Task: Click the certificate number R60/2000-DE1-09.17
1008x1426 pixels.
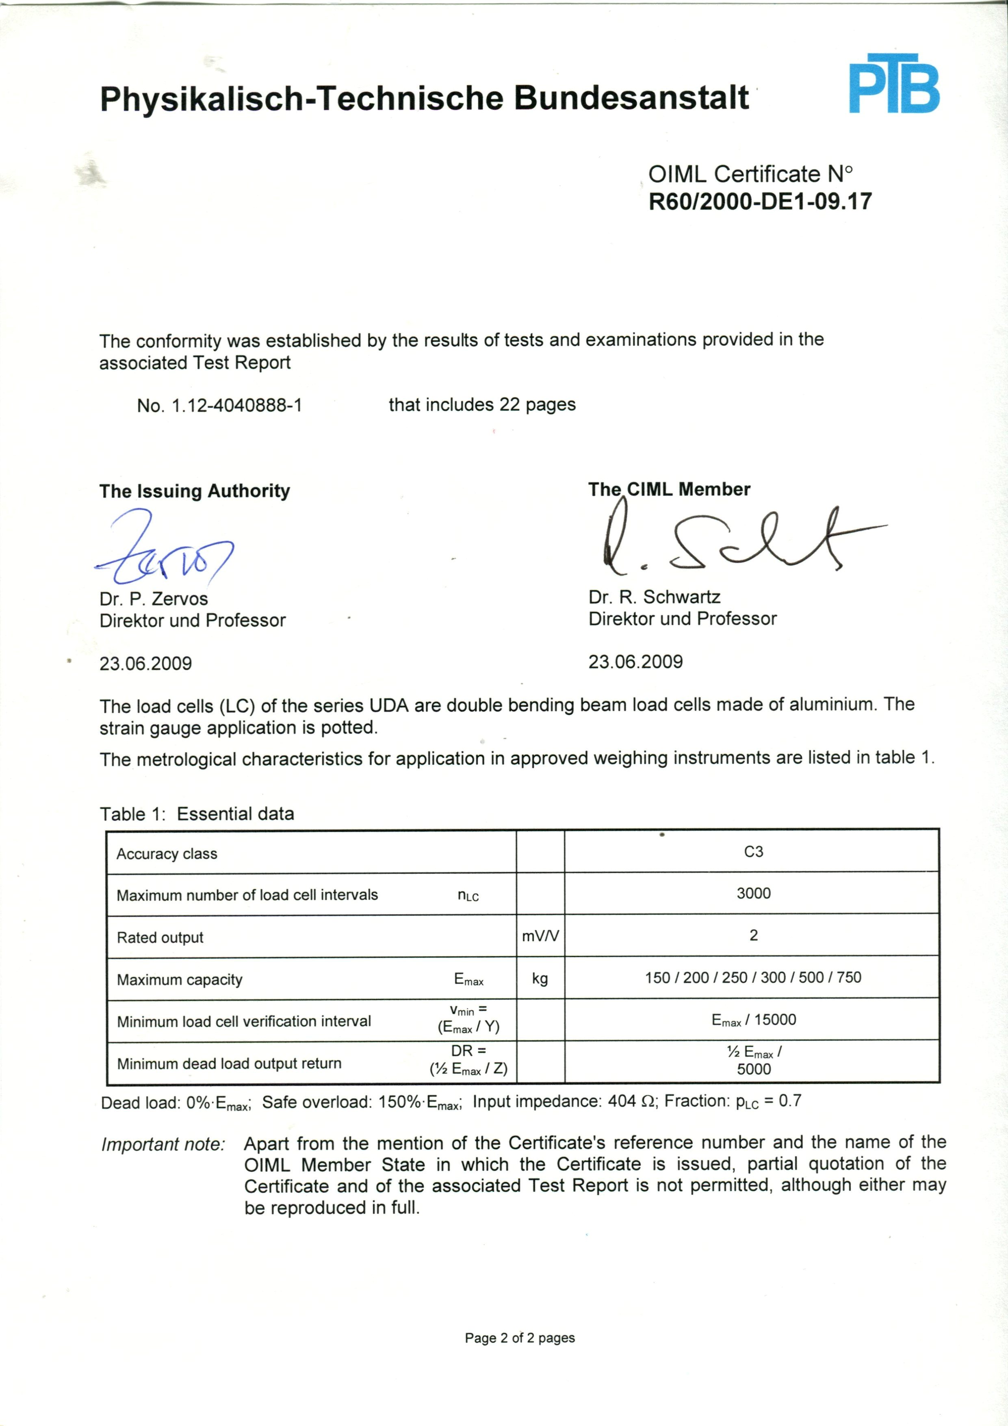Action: click(760, 201)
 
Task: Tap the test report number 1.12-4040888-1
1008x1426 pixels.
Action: click(236, 406)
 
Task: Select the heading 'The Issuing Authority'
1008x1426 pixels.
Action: click(194, 491)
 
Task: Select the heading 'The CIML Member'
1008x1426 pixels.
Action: click(669, 489)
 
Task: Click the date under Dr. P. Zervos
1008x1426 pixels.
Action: click(145, 663)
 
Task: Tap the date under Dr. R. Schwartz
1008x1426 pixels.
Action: click(635, 662)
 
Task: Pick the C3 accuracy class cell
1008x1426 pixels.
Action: click(753, 851)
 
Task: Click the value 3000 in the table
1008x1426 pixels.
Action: click(753, 893)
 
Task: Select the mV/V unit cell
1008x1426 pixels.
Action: click(540, 936)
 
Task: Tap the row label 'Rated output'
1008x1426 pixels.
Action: click(160, 937)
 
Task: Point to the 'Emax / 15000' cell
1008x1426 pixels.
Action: click(753, 1020)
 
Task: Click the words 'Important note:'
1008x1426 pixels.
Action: click(163, 1144)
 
